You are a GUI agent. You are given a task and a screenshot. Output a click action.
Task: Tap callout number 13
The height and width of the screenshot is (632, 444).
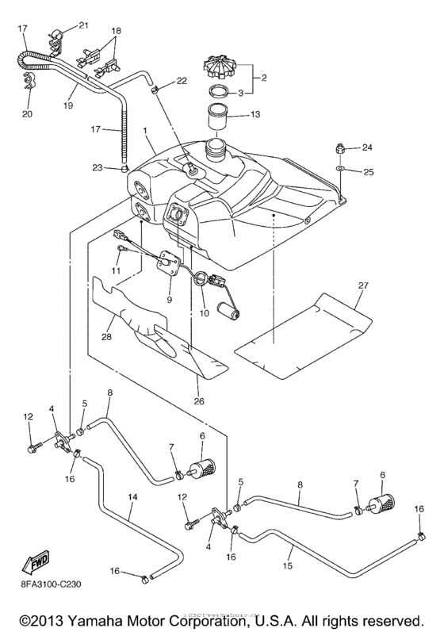255,114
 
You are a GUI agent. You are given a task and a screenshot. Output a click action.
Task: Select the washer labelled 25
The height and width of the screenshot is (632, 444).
340,169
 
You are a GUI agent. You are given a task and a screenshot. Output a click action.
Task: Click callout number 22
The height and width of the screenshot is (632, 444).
182,80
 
